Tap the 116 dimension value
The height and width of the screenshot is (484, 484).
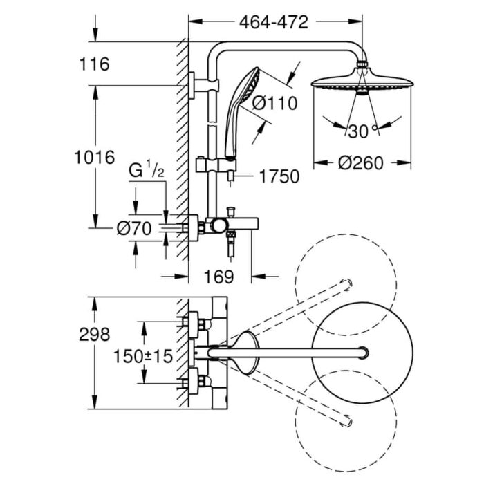click(x=95, y=64)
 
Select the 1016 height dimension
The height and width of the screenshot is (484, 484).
click(x=95, y=157)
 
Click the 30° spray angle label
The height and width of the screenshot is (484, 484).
click(x=362, y=131)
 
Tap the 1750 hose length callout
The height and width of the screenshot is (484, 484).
click(x=279, y=177)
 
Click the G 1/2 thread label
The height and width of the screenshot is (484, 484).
click(x=147, y=169)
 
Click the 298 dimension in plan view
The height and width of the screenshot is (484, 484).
click(x=95, y=335)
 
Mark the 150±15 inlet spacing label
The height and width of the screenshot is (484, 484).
click(x=142, y=357)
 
